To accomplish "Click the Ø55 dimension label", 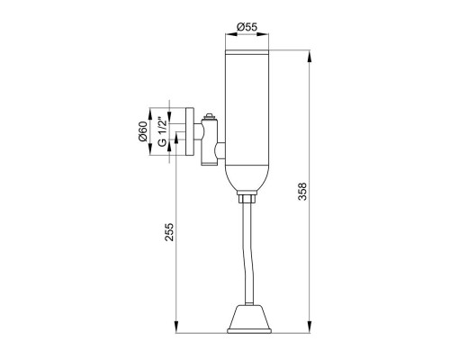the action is point(247,27).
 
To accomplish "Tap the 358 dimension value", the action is point(302,192).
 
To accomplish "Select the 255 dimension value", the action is point(169,231).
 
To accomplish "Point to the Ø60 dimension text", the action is point(143,131).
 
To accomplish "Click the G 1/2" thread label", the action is point(162,131).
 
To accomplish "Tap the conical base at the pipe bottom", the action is point(249,319).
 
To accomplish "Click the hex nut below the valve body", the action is point(247,198).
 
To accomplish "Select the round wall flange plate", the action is point(190,131).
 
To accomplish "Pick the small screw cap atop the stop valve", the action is point(209,116).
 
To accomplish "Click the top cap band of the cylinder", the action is point(247,52).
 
